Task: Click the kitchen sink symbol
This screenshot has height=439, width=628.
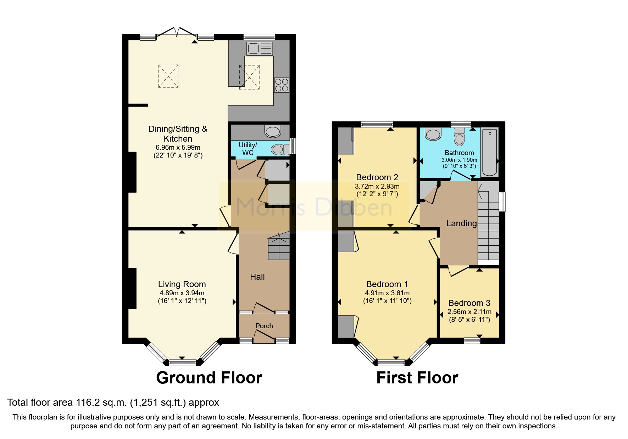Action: point(260,49)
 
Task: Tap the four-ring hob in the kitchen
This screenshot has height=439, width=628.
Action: point(282,85)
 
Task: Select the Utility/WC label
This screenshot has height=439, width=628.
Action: point(248,149)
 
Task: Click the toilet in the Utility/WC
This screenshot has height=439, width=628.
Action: point(280,149)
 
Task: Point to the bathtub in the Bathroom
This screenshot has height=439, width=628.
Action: point(490,152)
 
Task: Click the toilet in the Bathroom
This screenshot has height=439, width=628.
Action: point(459,137)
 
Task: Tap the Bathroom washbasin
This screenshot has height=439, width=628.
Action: point(433,134)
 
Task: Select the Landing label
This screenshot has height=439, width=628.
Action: point(461,223)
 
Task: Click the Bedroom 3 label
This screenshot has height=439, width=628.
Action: point(469,303)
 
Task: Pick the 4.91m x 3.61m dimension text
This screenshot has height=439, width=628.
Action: point(387,293)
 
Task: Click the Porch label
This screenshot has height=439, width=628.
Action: point(264,326)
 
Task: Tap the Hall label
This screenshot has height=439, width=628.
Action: point(257,277)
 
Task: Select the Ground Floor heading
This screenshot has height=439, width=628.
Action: point(209,378)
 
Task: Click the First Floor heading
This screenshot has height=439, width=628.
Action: point(417,378)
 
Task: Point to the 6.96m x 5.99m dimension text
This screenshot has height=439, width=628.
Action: point(178,148)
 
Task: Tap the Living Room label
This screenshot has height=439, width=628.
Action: point(182,284)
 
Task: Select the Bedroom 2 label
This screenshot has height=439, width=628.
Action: point(377,177)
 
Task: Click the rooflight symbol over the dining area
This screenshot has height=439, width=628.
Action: point(168,76)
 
